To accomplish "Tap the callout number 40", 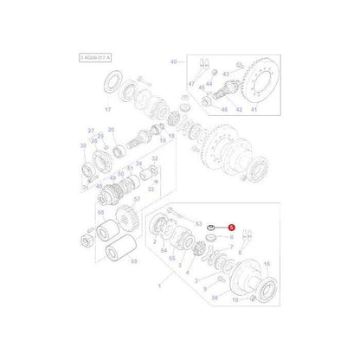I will coord(173,61).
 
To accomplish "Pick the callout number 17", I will coord(133,111).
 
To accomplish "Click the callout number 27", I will coord(91,130).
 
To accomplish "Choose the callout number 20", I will coord(112,130).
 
